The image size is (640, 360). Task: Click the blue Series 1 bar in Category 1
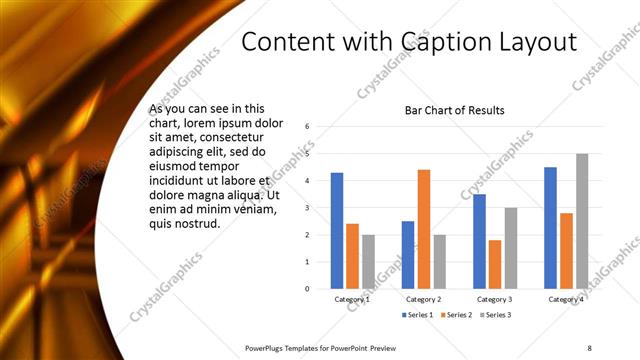[337, 231]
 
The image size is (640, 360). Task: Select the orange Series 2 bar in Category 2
[423, 229]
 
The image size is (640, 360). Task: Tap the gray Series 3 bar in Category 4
[582, 221]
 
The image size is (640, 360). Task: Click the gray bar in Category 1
[368, 262]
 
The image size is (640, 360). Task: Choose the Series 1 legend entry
[417, 315]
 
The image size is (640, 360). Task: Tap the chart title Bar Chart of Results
[454, 110]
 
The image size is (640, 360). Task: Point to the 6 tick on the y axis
[308, 127]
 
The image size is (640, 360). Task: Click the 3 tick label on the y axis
[308, 208]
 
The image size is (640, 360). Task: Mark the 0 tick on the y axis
[308, 289]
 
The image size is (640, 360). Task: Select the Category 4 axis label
[566, 299]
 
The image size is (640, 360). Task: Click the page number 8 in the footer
[589, 348]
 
